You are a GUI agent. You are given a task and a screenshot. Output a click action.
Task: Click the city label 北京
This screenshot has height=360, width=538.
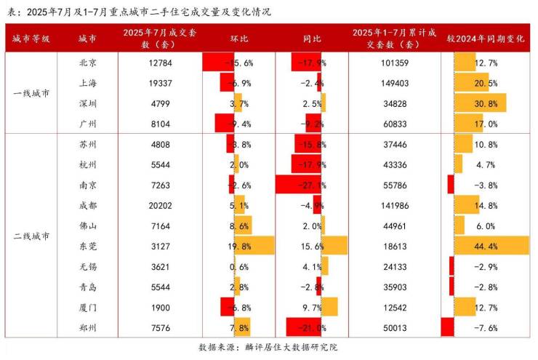[x=87, y=63]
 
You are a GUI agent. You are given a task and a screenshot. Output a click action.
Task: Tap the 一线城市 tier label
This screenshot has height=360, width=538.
[x=31, y=93]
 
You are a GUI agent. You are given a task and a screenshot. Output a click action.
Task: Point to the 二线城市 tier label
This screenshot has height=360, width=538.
[x=31, y=236]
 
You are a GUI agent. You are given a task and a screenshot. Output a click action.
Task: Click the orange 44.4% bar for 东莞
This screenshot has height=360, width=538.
[x=491, y=246]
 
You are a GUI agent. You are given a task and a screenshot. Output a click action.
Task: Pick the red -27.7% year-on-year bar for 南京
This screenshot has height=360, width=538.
[x=298, y=185]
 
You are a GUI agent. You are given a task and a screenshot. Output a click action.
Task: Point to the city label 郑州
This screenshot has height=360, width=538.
[x=87, y=327]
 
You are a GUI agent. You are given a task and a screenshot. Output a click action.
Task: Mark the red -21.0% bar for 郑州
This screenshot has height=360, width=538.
[x=303, y=327]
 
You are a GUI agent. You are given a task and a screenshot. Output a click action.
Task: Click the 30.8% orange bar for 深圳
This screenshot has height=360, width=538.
[x=479, y=103]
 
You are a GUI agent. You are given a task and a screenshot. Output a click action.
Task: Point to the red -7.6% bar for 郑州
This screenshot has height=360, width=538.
[x=447, y=327]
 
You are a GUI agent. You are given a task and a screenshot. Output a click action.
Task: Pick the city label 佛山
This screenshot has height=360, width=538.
[x=87, y=225]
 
